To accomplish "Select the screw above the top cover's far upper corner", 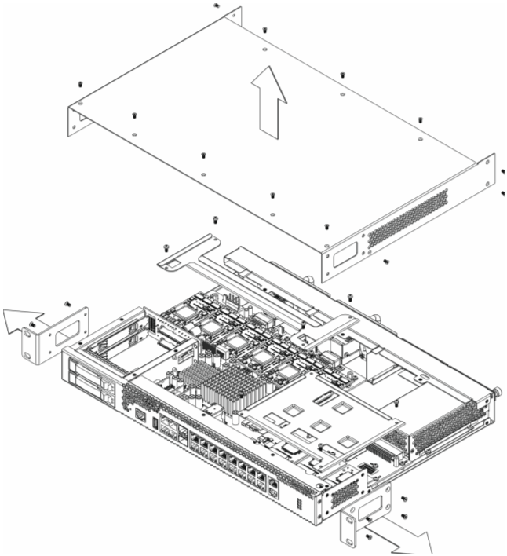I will click(x=216, y=5).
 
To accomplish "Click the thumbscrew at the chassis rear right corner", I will click(x=497, y=390).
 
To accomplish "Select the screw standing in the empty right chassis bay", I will click(x=398, y=404).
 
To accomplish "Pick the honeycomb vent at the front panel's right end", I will click(x=344, y=493).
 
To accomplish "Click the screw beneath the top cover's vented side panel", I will click(x=386, y=262).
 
